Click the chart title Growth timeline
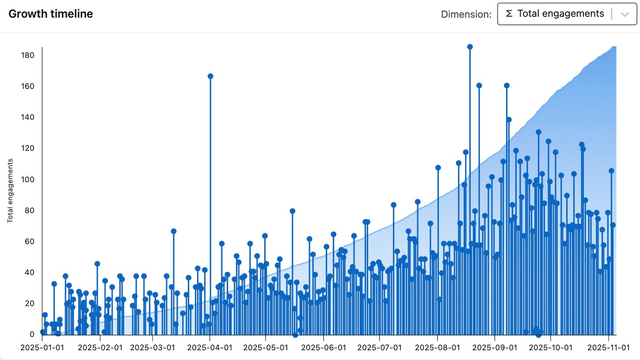51,14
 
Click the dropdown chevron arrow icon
625,14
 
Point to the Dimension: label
466,14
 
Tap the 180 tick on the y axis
28,55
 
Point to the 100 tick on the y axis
28,179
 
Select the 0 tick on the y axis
32,334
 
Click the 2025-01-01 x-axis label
42,348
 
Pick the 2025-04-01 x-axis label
210,348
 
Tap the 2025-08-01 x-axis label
438,348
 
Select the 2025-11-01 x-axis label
608,348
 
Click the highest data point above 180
470,47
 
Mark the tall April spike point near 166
210,76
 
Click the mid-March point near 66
174,231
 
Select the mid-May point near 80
292,211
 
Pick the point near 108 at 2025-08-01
438,168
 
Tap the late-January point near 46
97,264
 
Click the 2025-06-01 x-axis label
324,348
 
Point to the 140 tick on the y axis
28,117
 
